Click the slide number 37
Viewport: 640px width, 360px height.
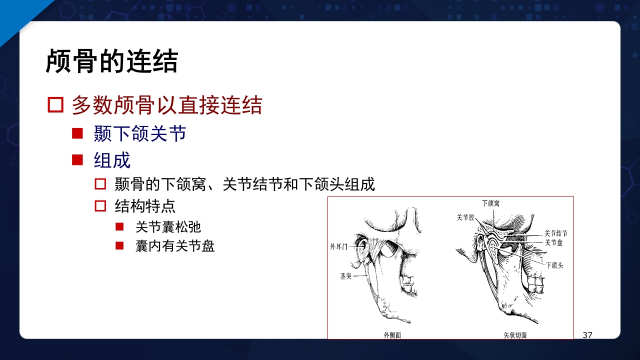click(x=587, y=335)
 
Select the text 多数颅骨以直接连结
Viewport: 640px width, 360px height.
click(x=166, y=105)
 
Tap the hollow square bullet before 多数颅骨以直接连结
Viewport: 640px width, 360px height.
click(x=55, y=105)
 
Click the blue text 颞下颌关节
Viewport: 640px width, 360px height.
click(x=140, y=134)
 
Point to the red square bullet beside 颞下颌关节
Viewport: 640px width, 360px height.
click(x=77, y=133)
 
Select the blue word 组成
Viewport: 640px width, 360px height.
click(x=112, y=160)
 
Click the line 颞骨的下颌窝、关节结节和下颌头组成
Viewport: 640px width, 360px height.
click(x=244, y=184)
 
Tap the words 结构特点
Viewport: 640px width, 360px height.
click(x=145, y=206)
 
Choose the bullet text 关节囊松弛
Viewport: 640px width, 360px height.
click(x=168, y=227)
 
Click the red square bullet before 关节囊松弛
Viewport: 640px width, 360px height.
click(x=119, y=227)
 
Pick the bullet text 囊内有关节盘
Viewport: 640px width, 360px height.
click(x=175, y=246)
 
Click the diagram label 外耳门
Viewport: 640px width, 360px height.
click(x=338, y=246)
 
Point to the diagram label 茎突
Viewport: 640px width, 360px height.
click(x=345, y=276)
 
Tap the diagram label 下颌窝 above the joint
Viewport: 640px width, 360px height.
click(x=490, y=203)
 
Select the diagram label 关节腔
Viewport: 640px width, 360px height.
click(x=465, y=218)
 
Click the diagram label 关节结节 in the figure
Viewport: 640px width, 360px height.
click(x=555, y=233)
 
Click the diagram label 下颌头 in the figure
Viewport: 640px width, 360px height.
click(x=554, y=265)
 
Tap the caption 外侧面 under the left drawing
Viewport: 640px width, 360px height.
click(x=392, y=335)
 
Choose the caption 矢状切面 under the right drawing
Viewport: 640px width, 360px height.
click(x=515, y=335)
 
